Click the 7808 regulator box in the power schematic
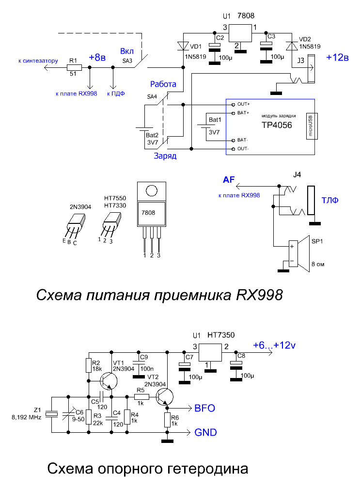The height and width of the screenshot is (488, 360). tap(240, 33)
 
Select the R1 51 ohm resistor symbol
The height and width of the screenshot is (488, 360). tap(74, 67)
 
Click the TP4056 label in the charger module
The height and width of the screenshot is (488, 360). tap(277, 125)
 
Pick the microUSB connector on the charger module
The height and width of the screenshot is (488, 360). tap(312, 126)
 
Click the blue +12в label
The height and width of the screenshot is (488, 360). tap(337, 57)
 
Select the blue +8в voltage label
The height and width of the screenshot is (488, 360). tap(97, 58)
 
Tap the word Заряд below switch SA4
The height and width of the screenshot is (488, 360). tap(165, 156)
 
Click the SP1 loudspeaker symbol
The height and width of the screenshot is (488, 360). tap(298, 253)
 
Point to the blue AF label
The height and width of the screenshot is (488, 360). tap(229, 180)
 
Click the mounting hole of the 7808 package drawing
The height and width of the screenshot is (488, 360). tap(152, 191)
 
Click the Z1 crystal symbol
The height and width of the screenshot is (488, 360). tap(52, 414)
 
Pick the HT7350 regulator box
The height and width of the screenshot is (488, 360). tap(210, 352)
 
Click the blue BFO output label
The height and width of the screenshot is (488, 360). tap(205, 408)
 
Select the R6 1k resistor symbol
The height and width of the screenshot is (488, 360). tap(167, 421)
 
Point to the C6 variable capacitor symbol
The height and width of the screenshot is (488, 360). tap(68, 414)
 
